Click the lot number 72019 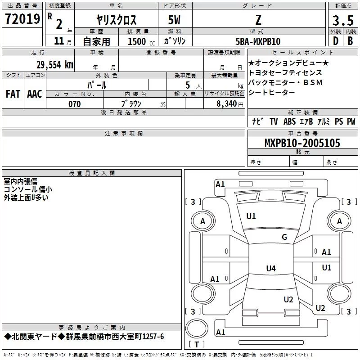pos(22,19)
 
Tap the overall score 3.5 pos(343,20)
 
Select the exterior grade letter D pos(336,41)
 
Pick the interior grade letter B pos(350,41)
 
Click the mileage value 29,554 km pos(55,65)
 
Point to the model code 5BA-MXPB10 pos(258,41)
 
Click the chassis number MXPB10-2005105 pos(302,143)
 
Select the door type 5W pos(174,20)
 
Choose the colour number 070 pos(75,104)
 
